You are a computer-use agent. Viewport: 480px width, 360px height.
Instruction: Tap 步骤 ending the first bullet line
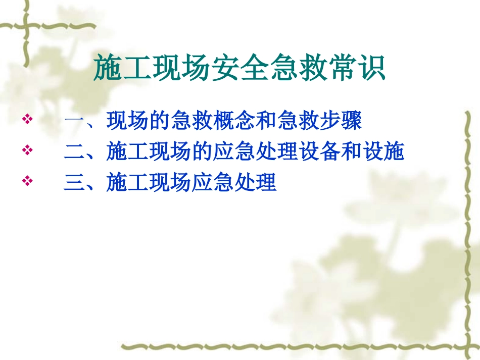(341, 121)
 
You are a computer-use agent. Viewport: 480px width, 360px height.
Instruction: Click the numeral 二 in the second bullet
(74, 152)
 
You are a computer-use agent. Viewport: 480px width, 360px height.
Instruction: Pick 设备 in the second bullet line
(319, 151)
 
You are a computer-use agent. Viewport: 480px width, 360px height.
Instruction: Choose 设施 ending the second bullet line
(383, 151)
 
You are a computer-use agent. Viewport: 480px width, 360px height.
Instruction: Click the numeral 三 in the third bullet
(74, 182)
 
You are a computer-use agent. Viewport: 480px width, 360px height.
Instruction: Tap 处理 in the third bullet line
(255, 182)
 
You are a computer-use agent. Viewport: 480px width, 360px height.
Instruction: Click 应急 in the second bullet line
(234, 151)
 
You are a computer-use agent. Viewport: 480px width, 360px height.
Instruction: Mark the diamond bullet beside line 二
(28, 150)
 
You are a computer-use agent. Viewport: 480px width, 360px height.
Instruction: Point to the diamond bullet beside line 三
(28, 180)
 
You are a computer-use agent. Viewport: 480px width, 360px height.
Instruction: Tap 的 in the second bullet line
(202, 151)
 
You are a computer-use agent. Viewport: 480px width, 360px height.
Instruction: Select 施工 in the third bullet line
(128, 182)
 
